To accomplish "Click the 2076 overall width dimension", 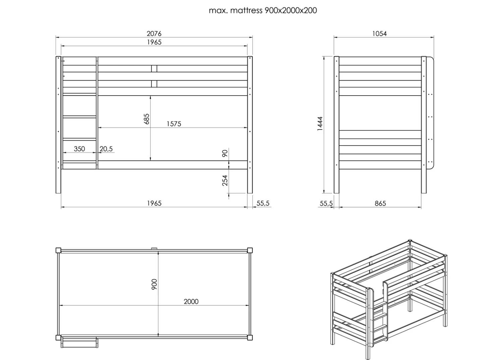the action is (x=154, y=34).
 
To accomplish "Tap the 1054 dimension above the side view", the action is (x=380, y=34).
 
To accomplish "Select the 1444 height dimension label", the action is (x=320, y=123).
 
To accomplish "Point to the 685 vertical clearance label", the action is (x=146, y=119).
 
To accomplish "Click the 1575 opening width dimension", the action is (x=174, y=124).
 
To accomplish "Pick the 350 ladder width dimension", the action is (x=79, y=149).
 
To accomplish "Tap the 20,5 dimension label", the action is (x=106, y=149).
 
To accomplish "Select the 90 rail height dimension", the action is (x=225, y=153).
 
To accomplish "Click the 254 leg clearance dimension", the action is (x=225, y=180).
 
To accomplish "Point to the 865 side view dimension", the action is (x=380, y=203).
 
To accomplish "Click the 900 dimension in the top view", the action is (x=154, y=284).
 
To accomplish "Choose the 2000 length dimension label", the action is (x=191, y=301).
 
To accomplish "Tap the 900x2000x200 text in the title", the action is (x=291, y=10).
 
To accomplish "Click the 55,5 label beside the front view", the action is (x=263, y=203).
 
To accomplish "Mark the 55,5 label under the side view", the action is (x=326, y=203).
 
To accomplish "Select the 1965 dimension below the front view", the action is (x=154, y=203).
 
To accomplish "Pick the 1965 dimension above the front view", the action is (x=154, y=42).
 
